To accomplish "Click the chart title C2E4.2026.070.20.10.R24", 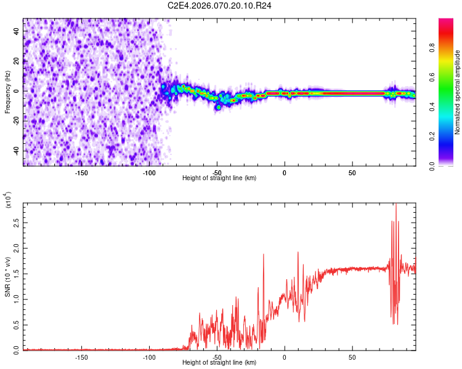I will [x=220, y=6].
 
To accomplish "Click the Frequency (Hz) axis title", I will [x=8, y=92].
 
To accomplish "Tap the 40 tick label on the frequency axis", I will [x=17, y=31].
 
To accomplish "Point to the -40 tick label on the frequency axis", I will [x=16, y=151].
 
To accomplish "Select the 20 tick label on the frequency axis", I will [x=17, y=61].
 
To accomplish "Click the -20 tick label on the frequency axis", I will [x=16, y=121].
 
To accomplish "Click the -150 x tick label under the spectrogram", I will [x=81, y=172].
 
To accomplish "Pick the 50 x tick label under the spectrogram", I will [x=352, y=172].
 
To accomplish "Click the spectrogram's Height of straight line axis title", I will [x=219, y=178].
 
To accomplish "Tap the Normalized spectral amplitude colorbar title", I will [x=458, y=92].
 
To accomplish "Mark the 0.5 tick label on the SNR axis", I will [x=17, y=324].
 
